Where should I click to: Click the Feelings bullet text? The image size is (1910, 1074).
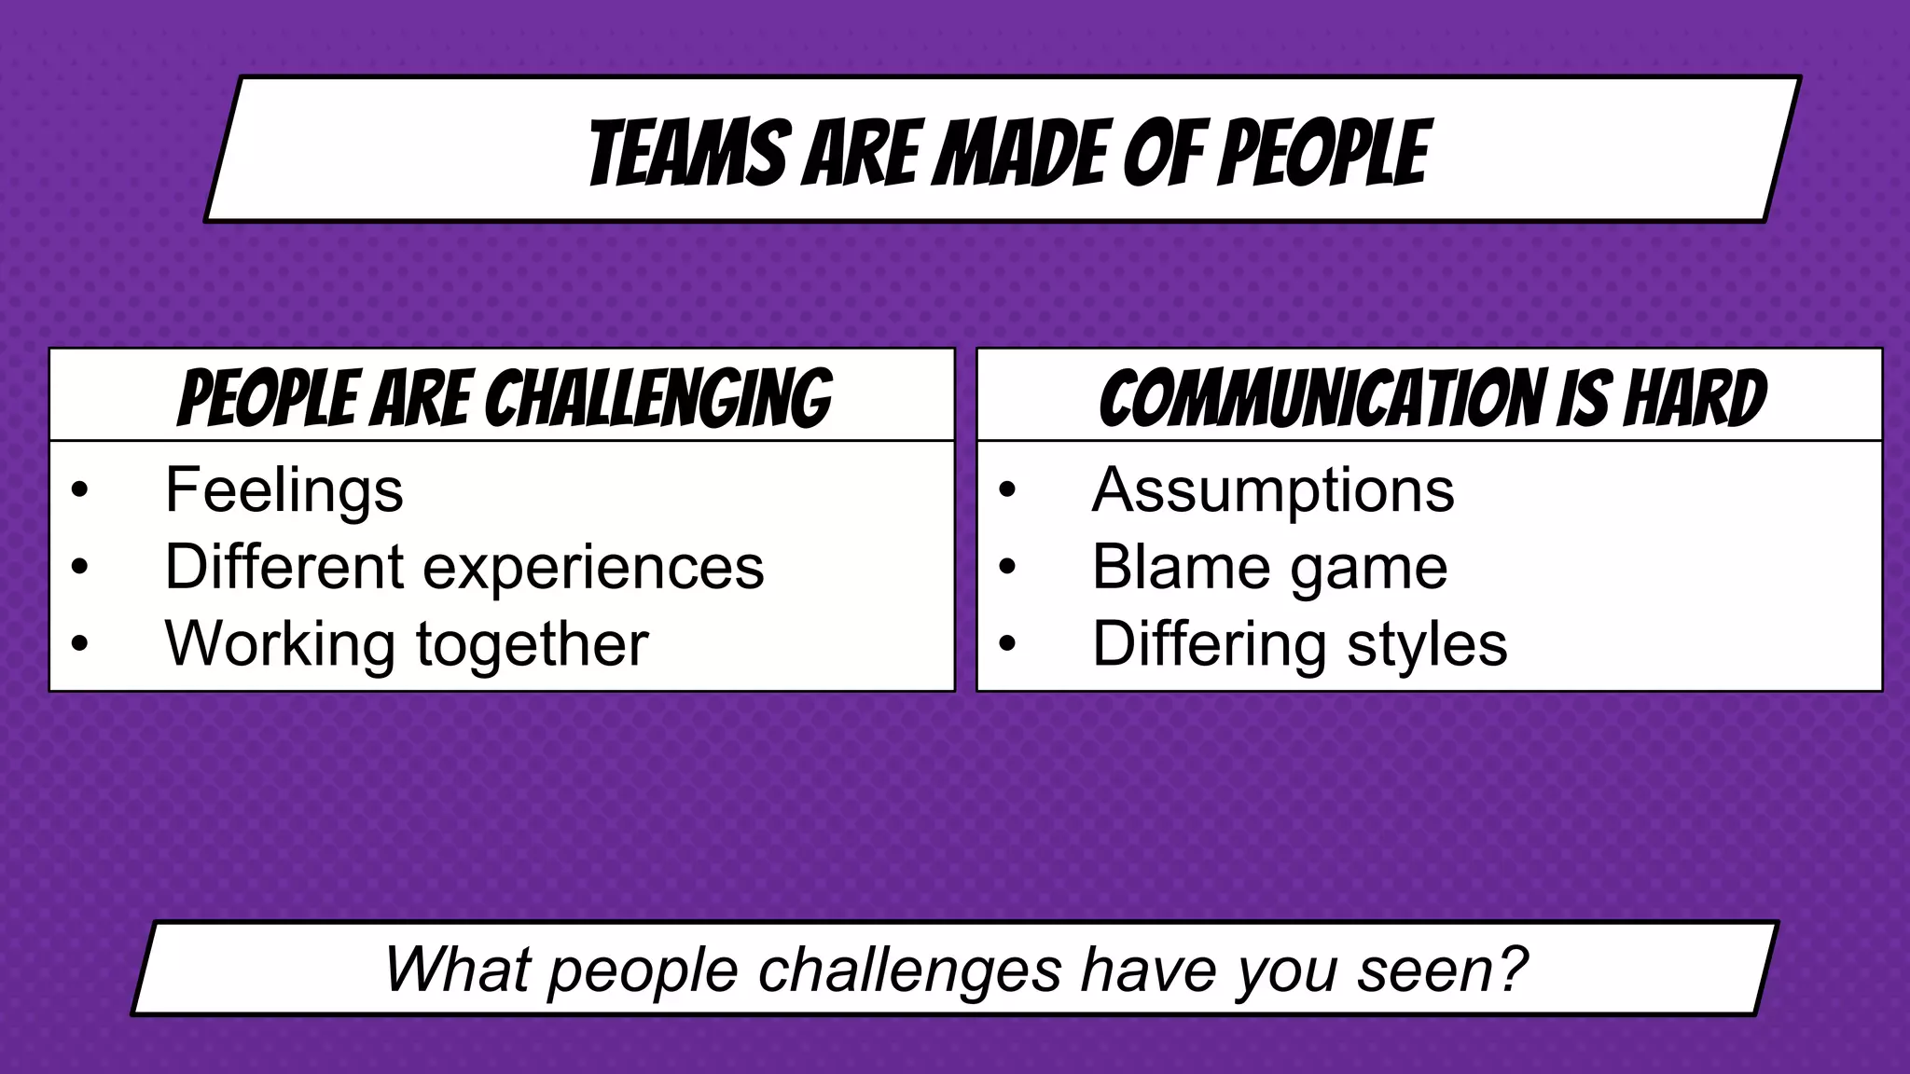click(284, 490)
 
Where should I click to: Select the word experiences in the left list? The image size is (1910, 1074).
click(593, 567)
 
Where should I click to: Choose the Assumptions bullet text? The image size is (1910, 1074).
click(1272, 490)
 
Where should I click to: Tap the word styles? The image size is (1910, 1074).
click(1427, 643)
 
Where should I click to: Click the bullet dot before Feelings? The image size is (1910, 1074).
click(79, 490)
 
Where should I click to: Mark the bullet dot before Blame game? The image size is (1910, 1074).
click(1006, 567)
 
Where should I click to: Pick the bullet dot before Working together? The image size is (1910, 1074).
click(79, 643)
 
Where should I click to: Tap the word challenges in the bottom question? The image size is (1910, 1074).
click(909, 970)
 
